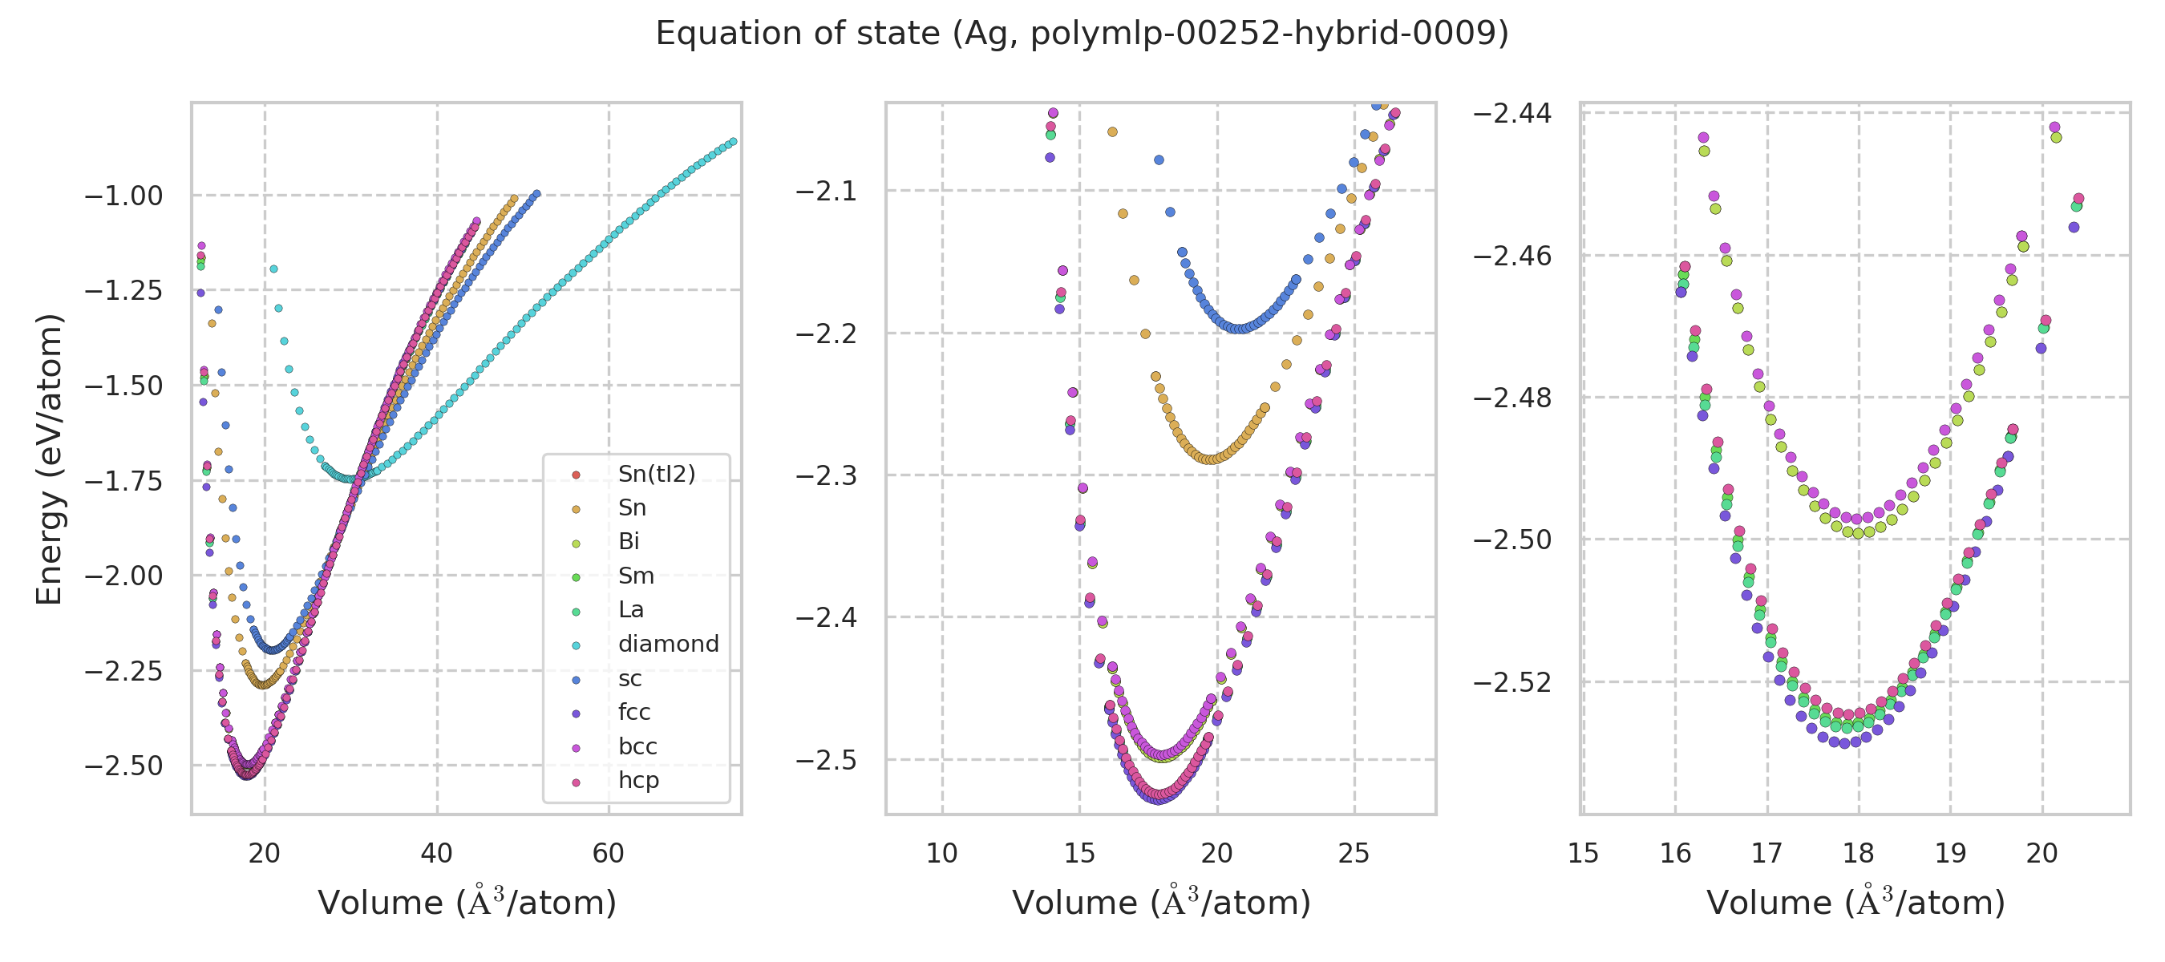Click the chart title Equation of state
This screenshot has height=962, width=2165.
(1082, 34)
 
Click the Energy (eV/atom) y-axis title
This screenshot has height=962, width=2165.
(49, 459)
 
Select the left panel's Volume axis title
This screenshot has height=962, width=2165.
(467, 903)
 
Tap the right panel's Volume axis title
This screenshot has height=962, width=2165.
(1855, 903)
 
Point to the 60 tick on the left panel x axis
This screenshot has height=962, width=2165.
(609, 854)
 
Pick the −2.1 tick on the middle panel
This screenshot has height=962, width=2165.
(826, 192)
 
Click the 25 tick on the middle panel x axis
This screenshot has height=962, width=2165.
(1354, 854)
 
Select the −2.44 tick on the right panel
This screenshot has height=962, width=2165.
(1512, 113)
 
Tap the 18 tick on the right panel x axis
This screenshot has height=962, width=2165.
(1858, 854)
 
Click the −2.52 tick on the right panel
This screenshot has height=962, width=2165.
(1512, 682)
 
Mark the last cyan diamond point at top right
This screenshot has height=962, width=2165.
(733, 142)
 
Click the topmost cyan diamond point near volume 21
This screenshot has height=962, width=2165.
(273, 269)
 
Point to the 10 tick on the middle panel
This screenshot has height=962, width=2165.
(941, 854)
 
